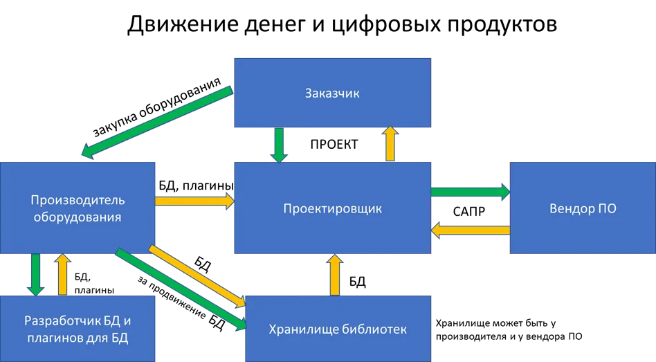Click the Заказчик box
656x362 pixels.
coord(332,93)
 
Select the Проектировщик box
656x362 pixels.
coord(332,208)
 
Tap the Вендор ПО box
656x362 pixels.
coord(583,208)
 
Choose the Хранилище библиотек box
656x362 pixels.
coord(338,329)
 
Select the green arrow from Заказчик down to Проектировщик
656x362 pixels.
coord(279,144)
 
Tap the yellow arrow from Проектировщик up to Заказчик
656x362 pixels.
coord(390,144)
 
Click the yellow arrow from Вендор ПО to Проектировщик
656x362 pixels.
coord(471,230)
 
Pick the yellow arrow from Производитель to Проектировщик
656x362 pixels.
coord(194,200)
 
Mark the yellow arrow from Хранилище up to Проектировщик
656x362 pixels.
coord(333,274)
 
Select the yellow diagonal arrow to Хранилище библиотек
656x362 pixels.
coord(197,275)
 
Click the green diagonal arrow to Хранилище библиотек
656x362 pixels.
coord(181,288)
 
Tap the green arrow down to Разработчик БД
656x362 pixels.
coord(35,274)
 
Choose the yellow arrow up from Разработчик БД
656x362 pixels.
coord(62,274)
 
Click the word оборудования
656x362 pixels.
coord(76,217)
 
